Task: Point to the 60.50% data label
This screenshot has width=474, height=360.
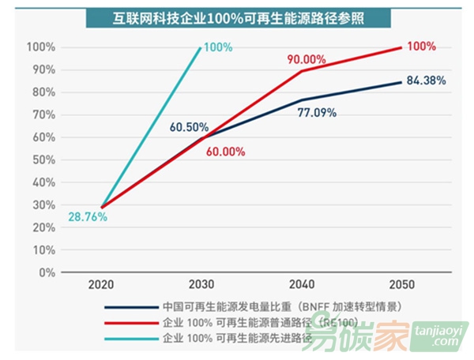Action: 188,127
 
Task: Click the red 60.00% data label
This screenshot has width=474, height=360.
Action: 224,153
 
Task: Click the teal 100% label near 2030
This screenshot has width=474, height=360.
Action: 218,47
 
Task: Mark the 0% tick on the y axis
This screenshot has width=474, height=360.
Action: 47,272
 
